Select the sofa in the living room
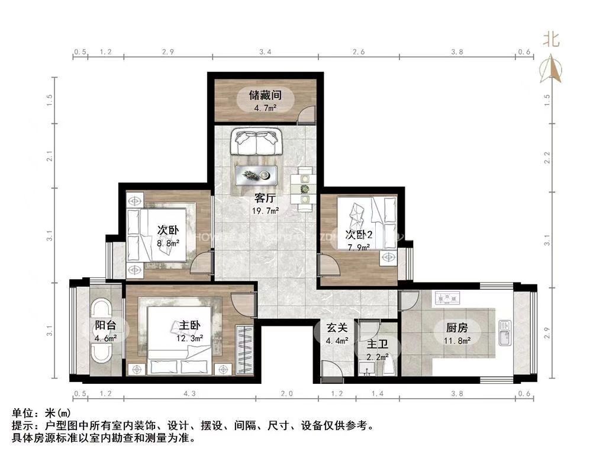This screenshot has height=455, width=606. coord(256,142)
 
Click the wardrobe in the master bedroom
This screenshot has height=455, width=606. coord(244,350)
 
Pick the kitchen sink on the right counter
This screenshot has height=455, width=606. coord(504,333)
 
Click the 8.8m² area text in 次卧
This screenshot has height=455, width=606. coord(169,242)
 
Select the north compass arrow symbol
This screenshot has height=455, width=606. coord(552,69)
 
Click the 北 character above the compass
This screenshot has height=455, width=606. coord(552,39)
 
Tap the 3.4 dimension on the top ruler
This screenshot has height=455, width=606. coord(265,52)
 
